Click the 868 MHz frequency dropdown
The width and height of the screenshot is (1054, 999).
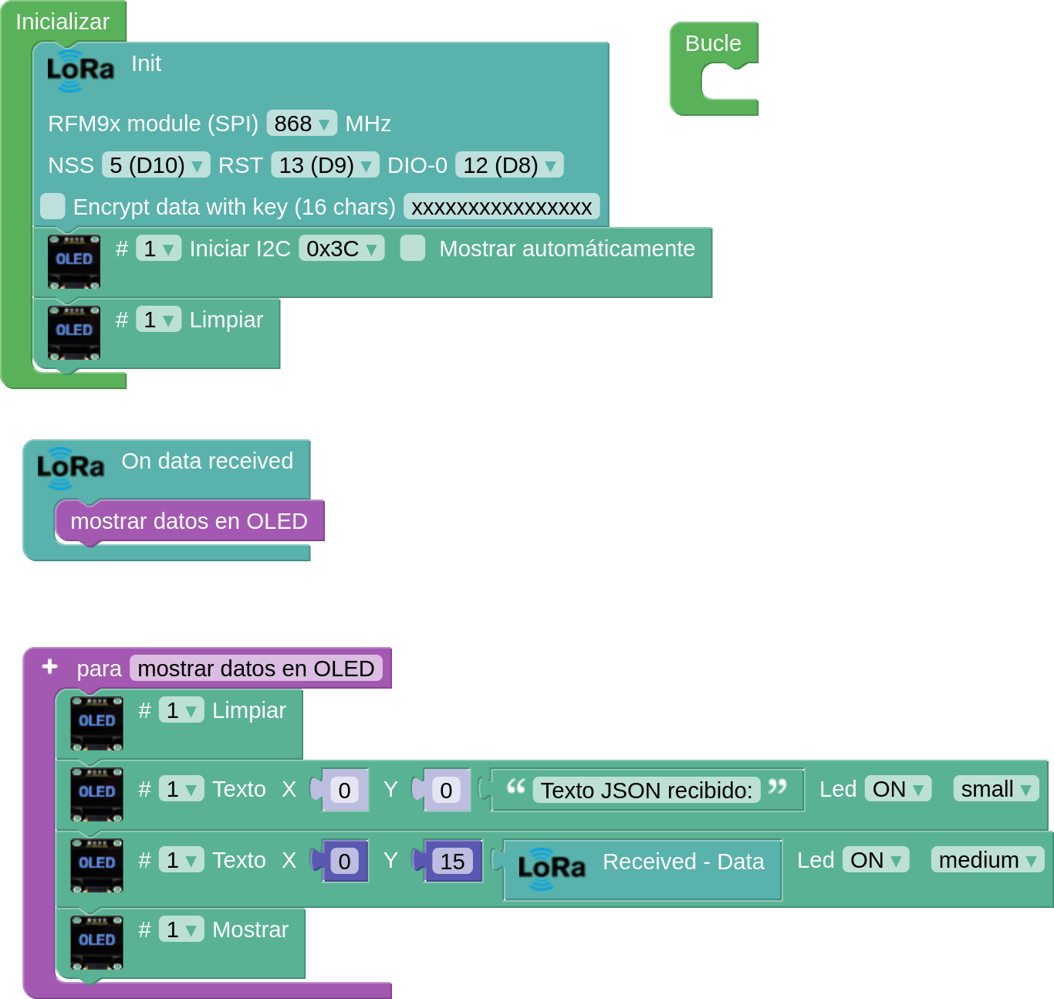coord(301,124)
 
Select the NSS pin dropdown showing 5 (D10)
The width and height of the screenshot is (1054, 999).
coord(155,165)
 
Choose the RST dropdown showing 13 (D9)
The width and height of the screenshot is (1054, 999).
coord(325,165)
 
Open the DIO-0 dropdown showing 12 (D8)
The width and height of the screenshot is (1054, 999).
coord(508,165)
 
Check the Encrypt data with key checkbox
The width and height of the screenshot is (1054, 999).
coord(52,207)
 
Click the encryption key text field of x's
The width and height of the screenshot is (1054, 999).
coord(502,207)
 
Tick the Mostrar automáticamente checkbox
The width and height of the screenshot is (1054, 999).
coord(412,249)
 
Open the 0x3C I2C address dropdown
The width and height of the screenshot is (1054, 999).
coord(342,249)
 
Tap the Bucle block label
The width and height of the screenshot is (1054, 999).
coord(712,43)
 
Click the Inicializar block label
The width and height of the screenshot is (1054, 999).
coord(62,22)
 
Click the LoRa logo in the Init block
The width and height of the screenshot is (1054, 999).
coord(80,70)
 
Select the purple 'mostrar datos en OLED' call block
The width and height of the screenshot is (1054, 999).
coord(189,521)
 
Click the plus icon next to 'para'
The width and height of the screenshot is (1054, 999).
coord(50,667)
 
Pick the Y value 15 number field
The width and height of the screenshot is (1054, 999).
coord(452,861)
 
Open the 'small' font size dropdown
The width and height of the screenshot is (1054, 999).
coord(995,789)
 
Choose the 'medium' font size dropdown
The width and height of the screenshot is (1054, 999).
coord(987,860)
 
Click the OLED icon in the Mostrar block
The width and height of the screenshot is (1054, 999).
coord(96,943)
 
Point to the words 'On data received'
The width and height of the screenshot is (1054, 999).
coord(207,462)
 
